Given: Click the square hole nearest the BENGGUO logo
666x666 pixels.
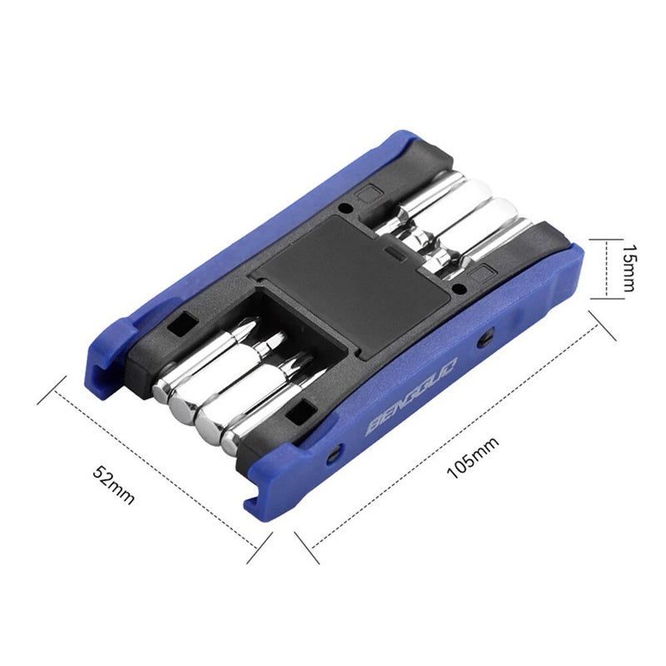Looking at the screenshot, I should (299, 410).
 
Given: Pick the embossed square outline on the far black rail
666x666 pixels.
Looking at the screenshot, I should (363, 196).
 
